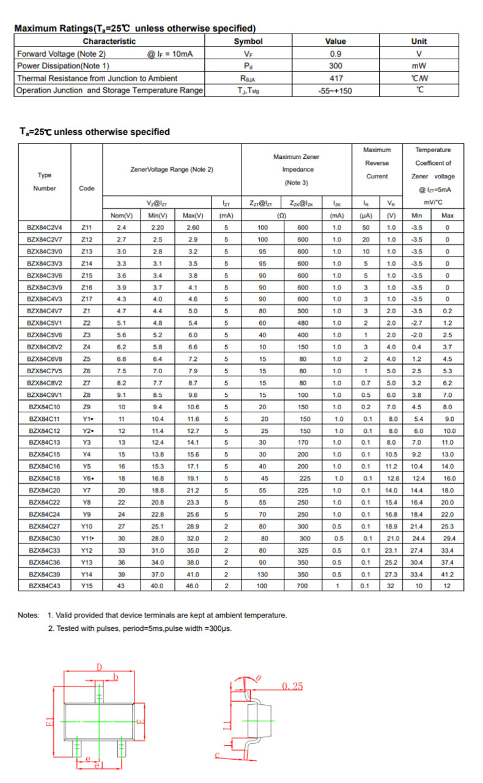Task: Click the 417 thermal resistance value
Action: [336, 78]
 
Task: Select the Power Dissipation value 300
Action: [336, 66]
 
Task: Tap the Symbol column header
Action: [248, 42]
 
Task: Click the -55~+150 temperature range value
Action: [336, 91]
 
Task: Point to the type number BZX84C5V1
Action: [45, 322]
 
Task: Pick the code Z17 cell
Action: [87, 299]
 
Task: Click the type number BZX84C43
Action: [45, 586]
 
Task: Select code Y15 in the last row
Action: [87, 586]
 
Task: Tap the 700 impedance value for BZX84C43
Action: [303, 586]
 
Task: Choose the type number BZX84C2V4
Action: [45, 227]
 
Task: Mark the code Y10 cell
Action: [87, 526]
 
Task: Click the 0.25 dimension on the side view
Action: [292, 686]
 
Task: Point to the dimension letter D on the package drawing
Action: [98, 667]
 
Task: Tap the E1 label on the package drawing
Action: [50, 722]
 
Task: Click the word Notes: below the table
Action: [29, 615]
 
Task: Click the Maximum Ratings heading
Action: [135, 28]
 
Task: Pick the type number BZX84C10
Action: [45, 406]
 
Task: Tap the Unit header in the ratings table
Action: [419, 42]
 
